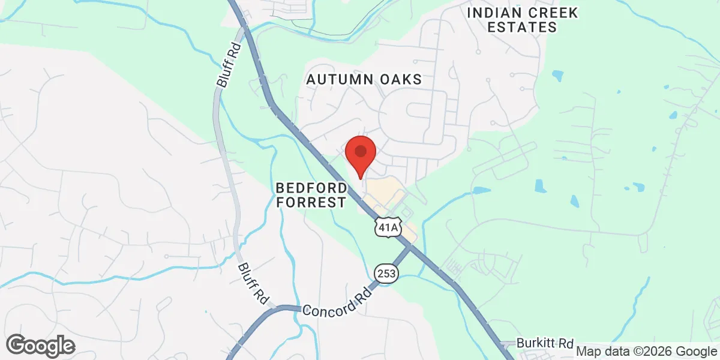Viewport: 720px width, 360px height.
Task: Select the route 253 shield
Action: click(386, 273)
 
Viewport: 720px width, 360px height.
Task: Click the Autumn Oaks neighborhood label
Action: click(364, 79)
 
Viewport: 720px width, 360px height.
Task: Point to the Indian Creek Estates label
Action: click(522, 20)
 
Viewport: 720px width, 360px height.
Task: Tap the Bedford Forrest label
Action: click(311, 195)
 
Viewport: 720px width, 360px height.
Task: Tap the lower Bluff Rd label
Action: click(251, 282)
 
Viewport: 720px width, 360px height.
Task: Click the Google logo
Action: click(40, 346)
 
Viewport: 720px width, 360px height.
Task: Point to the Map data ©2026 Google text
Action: click(647, 352)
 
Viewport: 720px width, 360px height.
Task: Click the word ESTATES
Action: click(522, 27)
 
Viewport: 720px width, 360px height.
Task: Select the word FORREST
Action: click(311, 203)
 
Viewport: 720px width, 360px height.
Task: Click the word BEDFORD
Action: click(311, 188)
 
